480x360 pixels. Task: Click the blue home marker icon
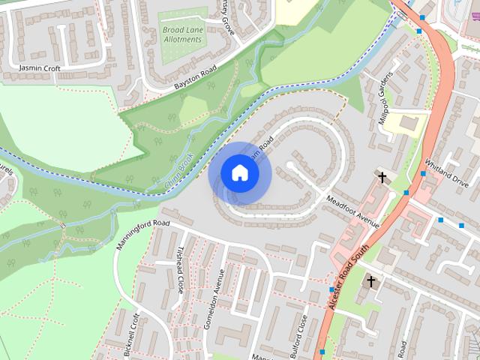pos(239,173)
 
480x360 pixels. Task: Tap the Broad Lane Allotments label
pos(184,34)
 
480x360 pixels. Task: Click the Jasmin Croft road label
pos(40,67)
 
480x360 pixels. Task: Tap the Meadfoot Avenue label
pos(353,211)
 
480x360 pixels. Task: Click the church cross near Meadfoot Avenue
pos(382,178)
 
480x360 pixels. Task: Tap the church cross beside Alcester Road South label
pos(369,281)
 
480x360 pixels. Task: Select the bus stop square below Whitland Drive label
pos(440,220)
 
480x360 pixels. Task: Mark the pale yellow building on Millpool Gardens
pos(409,123)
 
